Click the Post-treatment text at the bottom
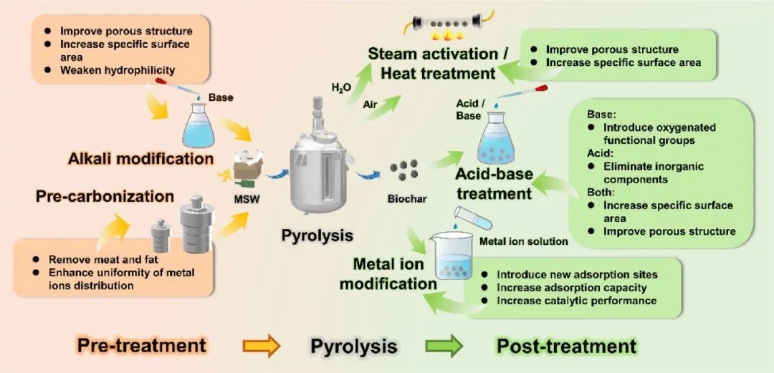[565, 347]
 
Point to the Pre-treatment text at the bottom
[140, 346]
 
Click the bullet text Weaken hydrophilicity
[118, 70]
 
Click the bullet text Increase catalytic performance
[577, 301]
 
